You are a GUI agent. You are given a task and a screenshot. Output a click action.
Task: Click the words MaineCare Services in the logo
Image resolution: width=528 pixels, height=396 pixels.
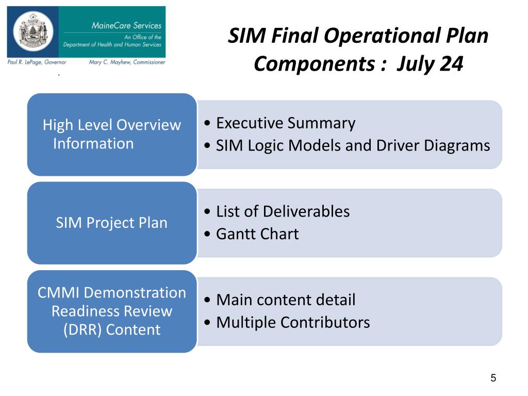[126, 25]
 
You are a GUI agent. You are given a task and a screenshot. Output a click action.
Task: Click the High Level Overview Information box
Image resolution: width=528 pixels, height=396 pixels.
[112, 134]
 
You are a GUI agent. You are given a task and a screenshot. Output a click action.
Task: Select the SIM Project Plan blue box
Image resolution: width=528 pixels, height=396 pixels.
[112, 223]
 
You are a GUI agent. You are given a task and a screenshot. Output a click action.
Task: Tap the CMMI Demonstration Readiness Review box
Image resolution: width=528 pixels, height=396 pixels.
[112, 311]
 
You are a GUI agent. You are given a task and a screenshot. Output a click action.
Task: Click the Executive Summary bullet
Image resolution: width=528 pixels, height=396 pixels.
[285, 123]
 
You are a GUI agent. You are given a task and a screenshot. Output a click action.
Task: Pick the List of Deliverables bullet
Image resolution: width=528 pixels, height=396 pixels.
[282, 211]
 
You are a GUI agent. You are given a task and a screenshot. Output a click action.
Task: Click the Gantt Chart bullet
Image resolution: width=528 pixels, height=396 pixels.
[257, 234]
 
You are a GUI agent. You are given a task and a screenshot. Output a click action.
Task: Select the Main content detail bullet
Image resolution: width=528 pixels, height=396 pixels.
[285, 300]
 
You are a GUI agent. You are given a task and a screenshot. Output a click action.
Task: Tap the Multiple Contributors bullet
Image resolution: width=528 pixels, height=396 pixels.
[292, 322]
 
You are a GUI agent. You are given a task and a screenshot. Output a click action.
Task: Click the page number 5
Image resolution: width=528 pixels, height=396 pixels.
[493, 378]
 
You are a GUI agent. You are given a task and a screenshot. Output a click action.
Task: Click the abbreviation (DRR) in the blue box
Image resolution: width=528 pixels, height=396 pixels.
[82, 330]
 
